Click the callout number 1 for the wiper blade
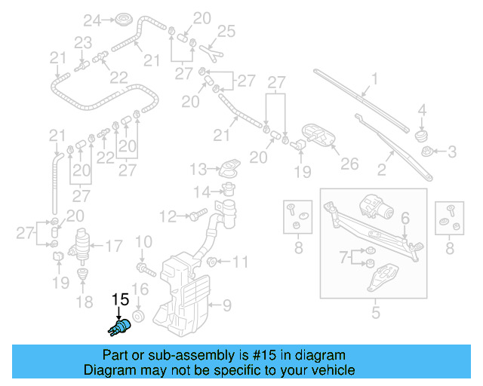tap(374, 78)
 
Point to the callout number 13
tap(198, 167)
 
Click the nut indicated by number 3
tap(428, 152)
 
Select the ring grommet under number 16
tap(139, 314)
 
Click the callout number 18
tap(85, 302)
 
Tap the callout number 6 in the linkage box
tap(405, 218)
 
